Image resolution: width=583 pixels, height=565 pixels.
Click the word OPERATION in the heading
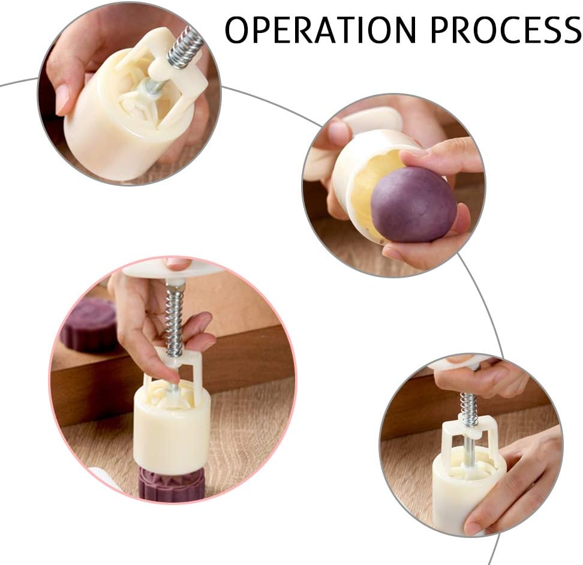tap(320, 30)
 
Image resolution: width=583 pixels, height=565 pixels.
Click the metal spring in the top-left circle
tap(185, 47)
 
